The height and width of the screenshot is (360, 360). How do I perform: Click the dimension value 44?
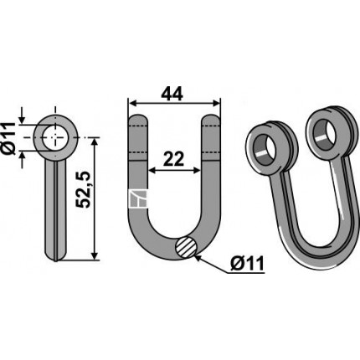pos(172,94)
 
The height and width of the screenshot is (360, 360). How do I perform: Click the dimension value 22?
pos(173,159)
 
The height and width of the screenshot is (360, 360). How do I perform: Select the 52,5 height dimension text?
pos(84,190)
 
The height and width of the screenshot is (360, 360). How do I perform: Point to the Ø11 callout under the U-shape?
pos(247,264)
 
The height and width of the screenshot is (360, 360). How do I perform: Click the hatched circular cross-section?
pos(187,246)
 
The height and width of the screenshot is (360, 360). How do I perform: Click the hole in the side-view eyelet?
pos(55,138)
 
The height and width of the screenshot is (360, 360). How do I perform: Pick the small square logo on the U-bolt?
pos(138,198)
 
